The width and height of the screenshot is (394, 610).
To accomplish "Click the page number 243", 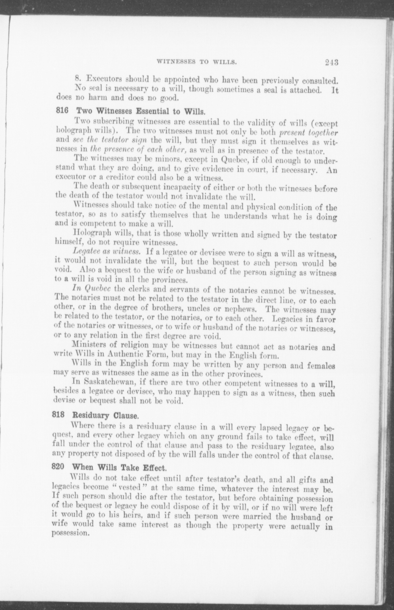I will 331,62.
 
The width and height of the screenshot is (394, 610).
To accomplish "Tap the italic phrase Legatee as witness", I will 107,252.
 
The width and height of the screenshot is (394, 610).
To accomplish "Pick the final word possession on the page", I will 70,533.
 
